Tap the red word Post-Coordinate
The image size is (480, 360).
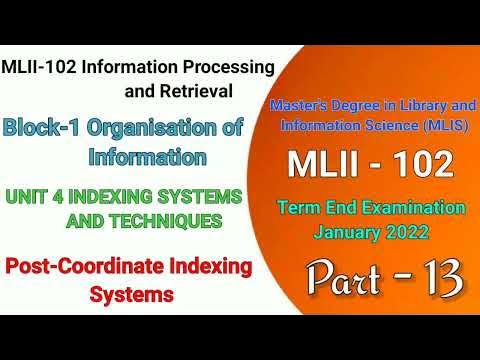click(72, 267)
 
